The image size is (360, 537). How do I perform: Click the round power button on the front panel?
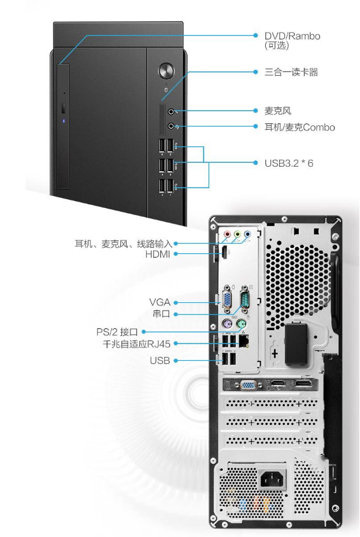[x=166, y=71]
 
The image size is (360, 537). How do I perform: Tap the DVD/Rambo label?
[x=292, y=36]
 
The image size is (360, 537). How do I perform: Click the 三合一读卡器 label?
[x=291, y=72]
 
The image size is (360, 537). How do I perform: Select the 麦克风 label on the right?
[x=278, y=111]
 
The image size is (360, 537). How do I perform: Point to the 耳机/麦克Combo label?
[x=300, y=127]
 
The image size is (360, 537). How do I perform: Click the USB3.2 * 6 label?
[x=289, y=163]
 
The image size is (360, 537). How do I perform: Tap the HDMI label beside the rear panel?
[x=158, y=254]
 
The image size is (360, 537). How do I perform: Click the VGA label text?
[x=160, y=302]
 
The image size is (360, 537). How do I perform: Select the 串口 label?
[x=162, y=314]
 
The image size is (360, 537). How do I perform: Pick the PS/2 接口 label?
[x=117, y=332]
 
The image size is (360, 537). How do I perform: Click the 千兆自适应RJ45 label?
[x=137, y=344]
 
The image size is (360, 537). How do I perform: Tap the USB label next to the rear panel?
[x=160, y=360]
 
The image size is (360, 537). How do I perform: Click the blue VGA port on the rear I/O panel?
[x=227, y=299]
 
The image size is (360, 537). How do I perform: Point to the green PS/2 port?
[x=242, y=324]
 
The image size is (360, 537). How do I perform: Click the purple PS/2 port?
[x=227, y=324]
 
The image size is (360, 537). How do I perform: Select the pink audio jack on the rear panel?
[x=227, y=235]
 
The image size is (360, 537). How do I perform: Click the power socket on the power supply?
[x=272, y=478]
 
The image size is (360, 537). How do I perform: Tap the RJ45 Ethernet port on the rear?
[x=244, y=340]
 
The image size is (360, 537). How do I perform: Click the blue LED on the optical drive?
[x=64, y=121]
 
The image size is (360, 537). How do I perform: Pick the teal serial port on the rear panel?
[x=245, y=299]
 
